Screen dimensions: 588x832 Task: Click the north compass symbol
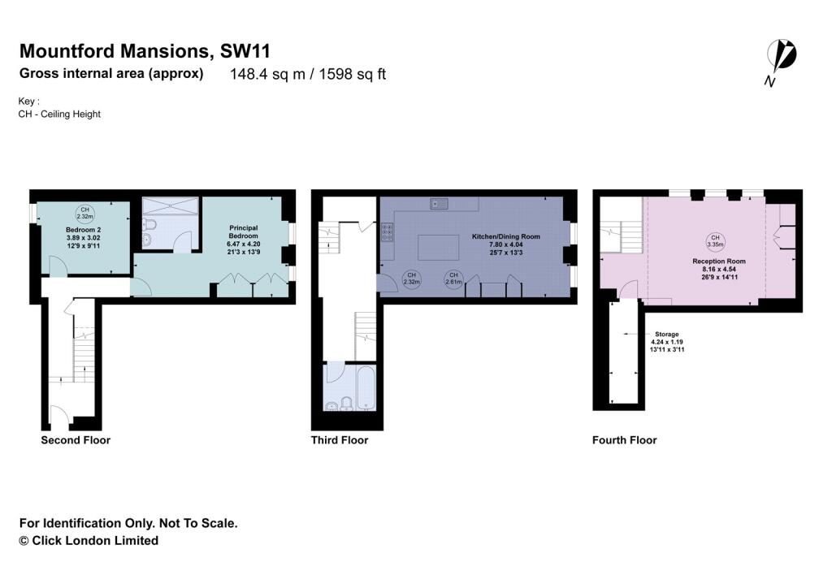pyautogui.click(x=782, y=58)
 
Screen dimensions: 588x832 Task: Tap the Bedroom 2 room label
pyautogui.click(x=81, y=230)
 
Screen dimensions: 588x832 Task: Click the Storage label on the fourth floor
pyautogui.click(x=667, y=334)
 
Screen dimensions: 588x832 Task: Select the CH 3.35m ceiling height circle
pyautogui.click(x=715, y=240)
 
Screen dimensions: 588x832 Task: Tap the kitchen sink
pyautogui.click(x=441, y=202)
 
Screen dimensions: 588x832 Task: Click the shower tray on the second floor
pyautogui.click(x=170, y=205)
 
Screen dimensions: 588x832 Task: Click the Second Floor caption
pyautogui.click(x=76, y=440)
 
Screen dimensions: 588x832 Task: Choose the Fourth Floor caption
pyautogui.click(x=624, y=440)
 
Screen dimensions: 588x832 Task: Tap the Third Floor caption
pyautogui.click(x=340, y=440)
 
